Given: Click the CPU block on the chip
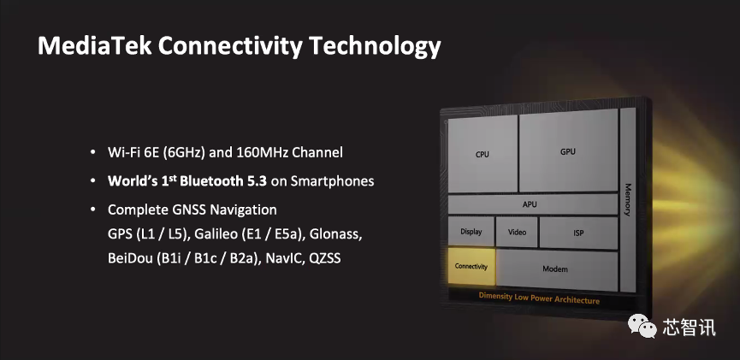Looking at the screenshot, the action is coord(482,154).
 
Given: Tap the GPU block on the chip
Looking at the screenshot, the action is coord(568,150).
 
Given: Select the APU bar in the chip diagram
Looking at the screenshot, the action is coord(532,204).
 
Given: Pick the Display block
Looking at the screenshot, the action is coord(471,231).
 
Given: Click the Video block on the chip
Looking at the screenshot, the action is coord(517,232).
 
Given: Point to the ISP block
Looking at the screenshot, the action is coord(578,233).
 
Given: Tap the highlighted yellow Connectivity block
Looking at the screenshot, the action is coord(471,266).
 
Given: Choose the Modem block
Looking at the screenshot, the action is coord(556,270).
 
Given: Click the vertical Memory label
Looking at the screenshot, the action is coord(628,199).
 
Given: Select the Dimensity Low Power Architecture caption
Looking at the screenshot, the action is coord(539,298).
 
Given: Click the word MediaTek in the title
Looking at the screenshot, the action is coord(95,46).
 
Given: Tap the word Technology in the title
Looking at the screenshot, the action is coord(376,47).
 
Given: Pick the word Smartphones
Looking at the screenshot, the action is coord(332,181).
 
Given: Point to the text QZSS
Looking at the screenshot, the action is coord(325,258).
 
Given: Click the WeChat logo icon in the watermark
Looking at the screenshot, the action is coord(642,326).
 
